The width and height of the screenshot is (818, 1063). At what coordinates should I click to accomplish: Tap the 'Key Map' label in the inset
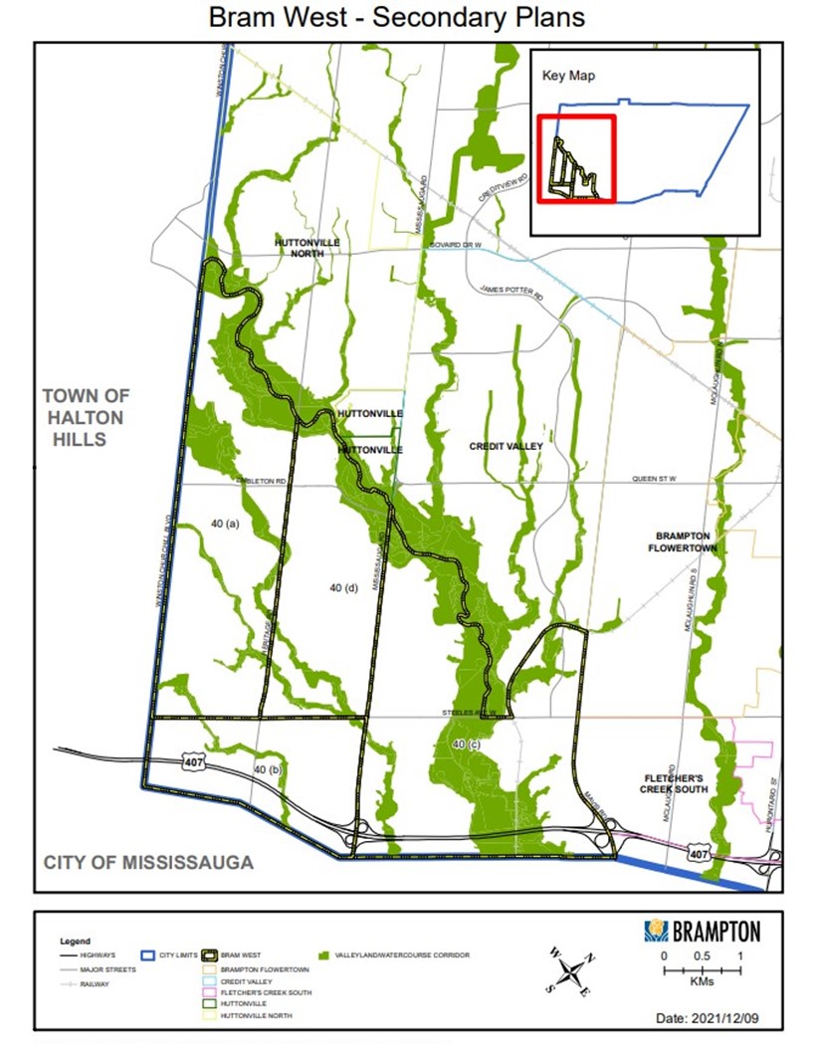(x=568, y=76)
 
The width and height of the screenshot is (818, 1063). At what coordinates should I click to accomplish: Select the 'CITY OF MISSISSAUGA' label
(x=148, y=862)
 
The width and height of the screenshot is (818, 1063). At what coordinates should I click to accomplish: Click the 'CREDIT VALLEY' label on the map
(x=506, y=447)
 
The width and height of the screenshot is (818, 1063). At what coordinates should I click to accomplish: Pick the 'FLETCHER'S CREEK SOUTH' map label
(x=674, y=783)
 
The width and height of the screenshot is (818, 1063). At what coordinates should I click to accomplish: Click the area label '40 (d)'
(x=343, y=589)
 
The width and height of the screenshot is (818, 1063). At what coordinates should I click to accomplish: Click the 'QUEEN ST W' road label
(x=654, y=480)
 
